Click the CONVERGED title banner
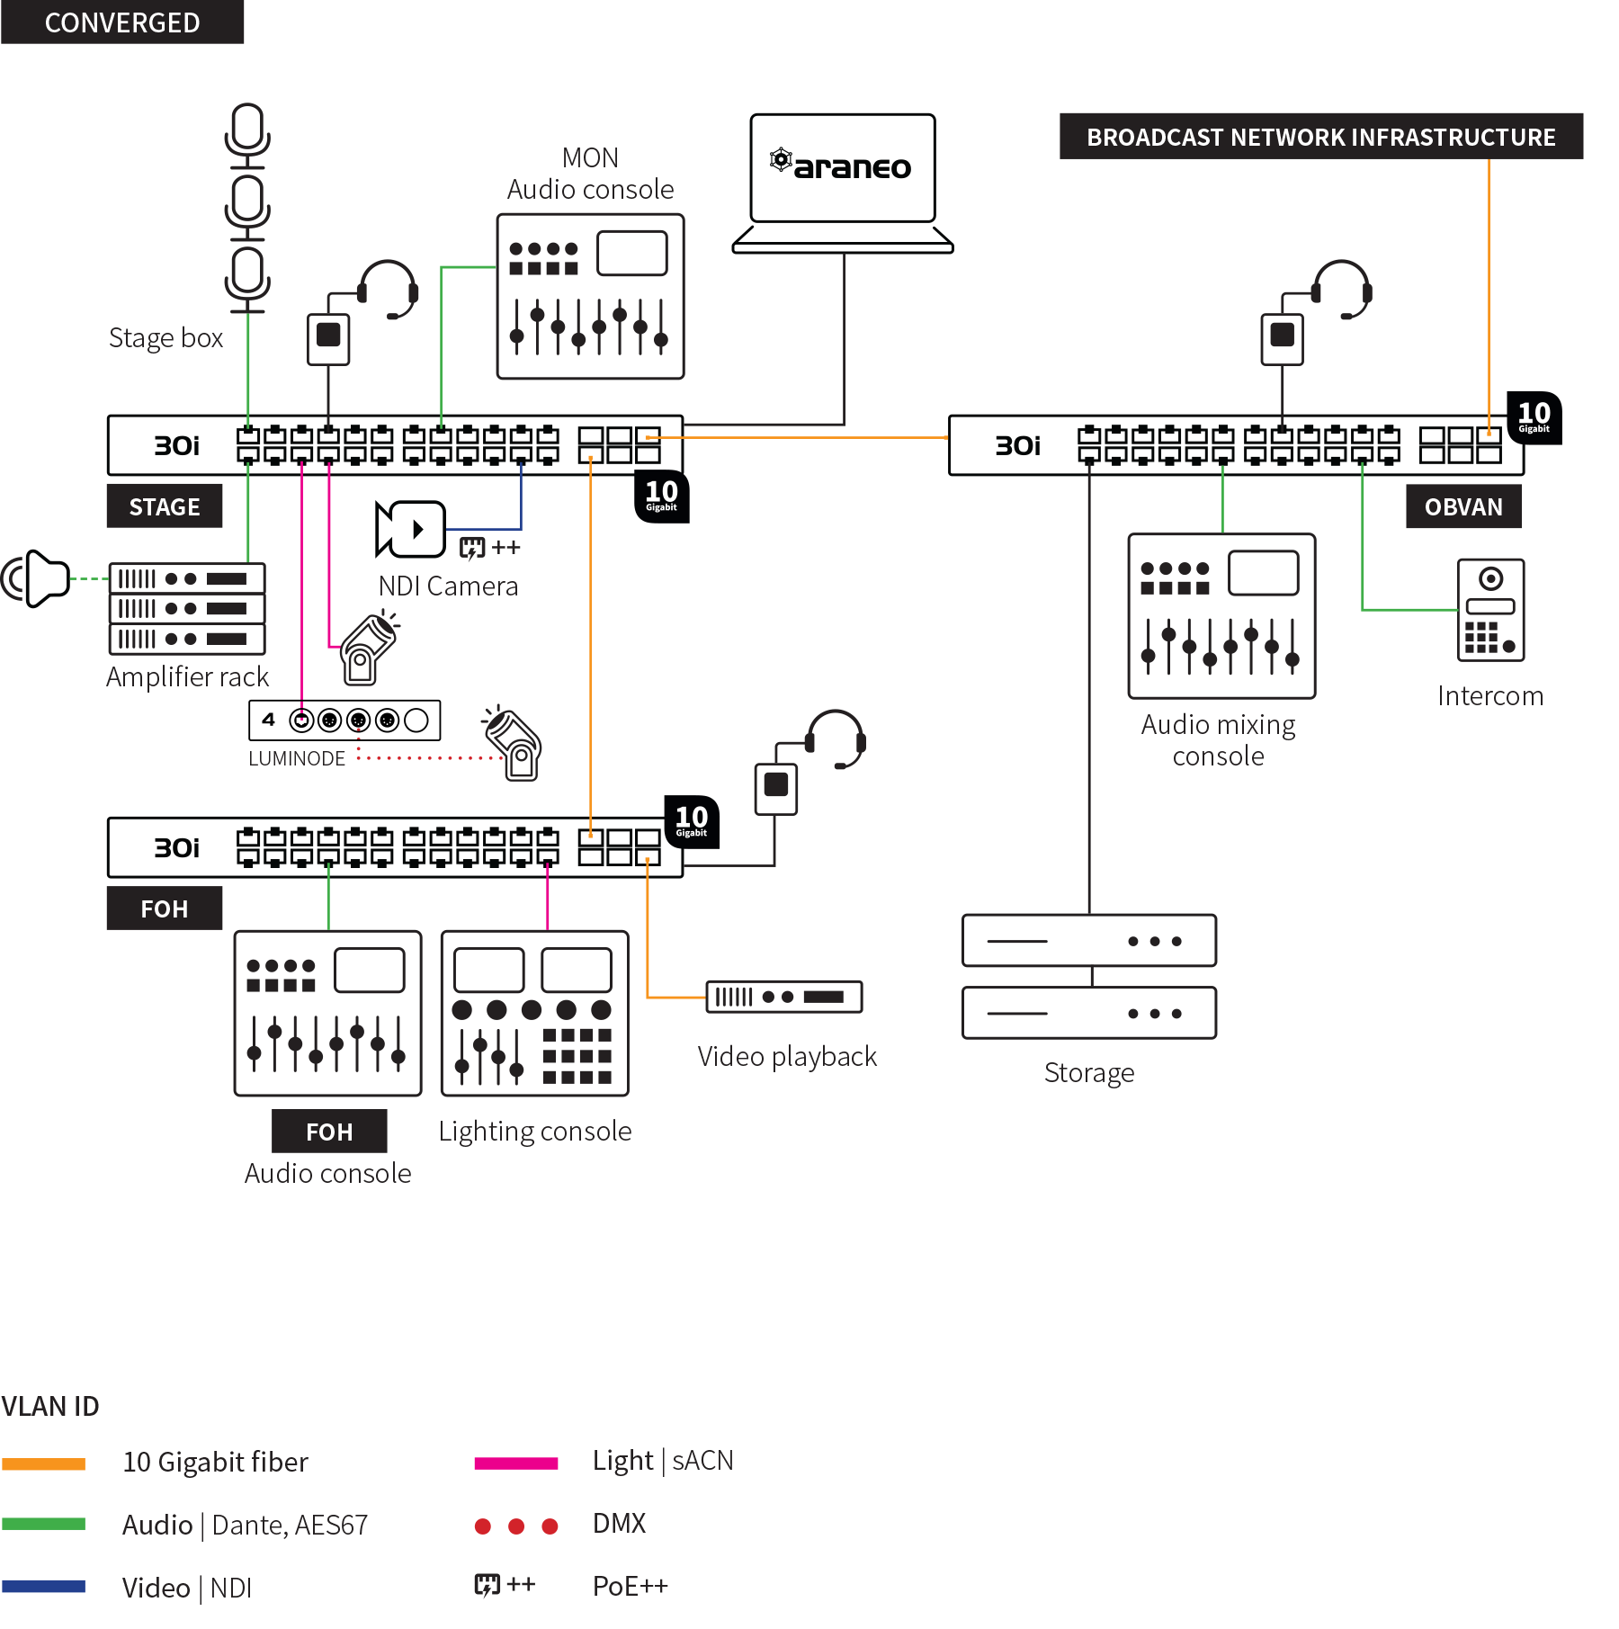[122, 22]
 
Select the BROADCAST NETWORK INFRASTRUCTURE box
[1320, 137]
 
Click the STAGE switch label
[165, 506]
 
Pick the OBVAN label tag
[1463, 506]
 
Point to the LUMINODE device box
[344, 720]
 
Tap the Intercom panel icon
[1490, 610]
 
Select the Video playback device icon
[784, 997]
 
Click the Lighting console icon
[535, 1014]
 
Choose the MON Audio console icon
[591, 296]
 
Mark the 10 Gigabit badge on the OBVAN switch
[1534, 417]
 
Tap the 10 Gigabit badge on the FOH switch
[691, 821]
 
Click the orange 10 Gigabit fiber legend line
[43, 1463]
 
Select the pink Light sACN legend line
[516, 1463]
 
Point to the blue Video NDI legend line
[43, 1587]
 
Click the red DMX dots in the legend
[516, 1526]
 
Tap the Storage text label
[1089, 1072]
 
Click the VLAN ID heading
[50, 1406]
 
